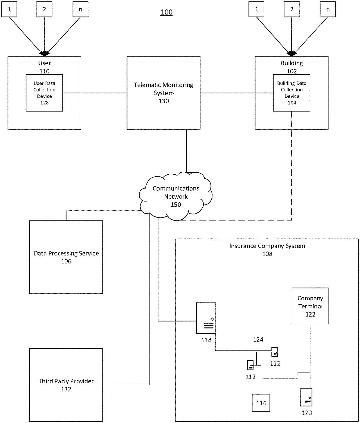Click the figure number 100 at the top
coord(166,12)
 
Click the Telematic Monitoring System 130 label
coord(163,93)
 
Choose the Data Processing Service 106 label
coord(66,257)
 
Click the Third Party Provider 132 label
coord(66,385)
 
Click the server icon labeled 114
coord(206,318)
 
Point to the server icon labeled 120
coord(306,397)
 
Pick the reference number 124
coord(258,339)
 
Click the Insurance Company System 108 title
coord(267,250)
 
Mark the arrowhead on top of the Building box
coord(291,54)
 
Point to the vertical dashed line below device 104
coord(291,166)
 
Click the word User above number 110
coord(44,63)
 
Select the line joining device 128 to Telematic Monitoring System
coord(95,93)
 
